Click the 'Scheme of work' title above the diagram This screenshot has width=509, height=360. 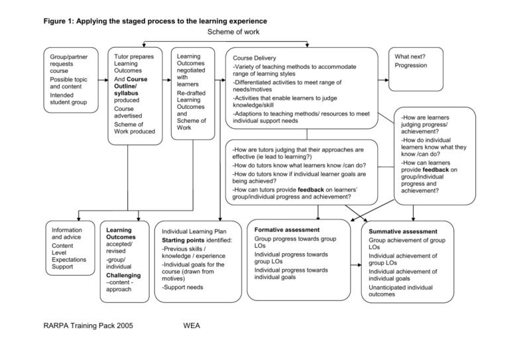(233, 32)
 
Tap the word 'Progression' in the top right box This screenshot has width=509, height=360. (411, 66)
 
